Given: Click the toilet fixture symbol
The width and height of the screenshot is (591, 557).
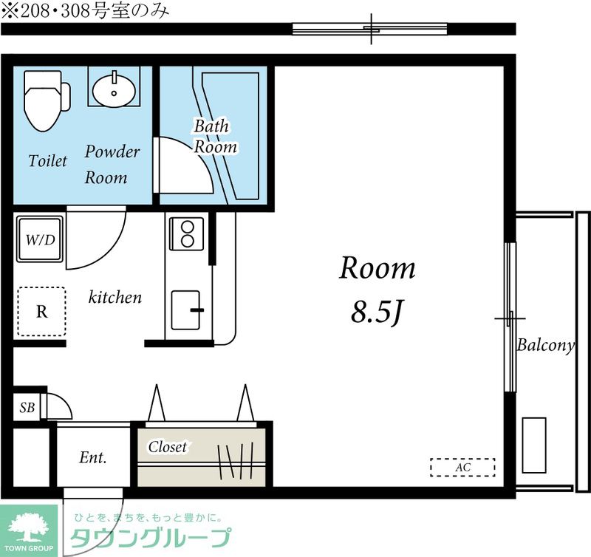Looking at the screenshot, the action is pos(46,100).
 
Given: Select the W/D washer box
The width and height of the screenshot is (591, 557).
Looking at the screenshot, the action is pos(40,239).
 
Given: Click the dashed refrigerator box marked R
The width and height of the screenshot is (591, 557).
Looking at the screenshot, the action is pos(42,312).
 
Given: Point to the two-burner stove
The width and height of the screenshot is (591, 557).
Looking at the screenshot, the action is pos(187,233).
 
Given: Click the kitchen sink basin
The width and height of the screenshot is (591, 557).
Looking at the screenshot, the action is pos(185,310).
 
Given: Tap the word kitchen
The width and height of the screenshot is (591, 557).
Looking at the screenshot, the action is pos(115,298).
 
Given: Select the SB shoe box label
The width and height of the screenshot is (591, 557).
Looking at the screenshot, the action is pos(27,407).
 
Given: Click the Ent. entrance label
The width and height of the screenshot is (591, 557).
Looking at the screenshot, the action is pos(93,457).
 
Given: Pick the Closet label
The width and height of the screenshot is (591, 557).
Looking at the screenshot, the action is pos(168,447).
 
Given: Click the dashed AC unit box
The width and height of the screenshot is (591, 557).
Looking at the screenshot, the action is pos(462,468).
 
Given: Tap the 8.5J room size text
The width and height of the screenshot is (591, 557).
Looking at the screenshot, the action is pos(378,312).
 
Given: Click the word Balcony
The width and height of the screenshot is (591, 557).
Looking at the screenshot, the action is pos(545,345).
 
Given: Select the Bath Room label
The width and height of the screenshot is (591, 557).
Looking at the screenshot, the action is pos(215,137).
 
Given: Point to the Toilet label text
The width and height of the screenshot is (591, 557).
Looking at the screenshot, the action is pos(47,161).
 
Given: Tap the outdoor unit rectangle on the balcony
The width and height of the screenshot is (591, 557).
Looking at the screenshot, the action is pos(534,445).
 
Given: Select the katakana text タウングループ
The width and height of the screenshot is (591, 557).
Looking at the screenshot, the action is pos(151,538).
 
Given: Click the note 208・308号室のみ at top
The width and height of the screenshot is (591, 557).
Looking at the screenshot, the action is pos(85,11).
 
